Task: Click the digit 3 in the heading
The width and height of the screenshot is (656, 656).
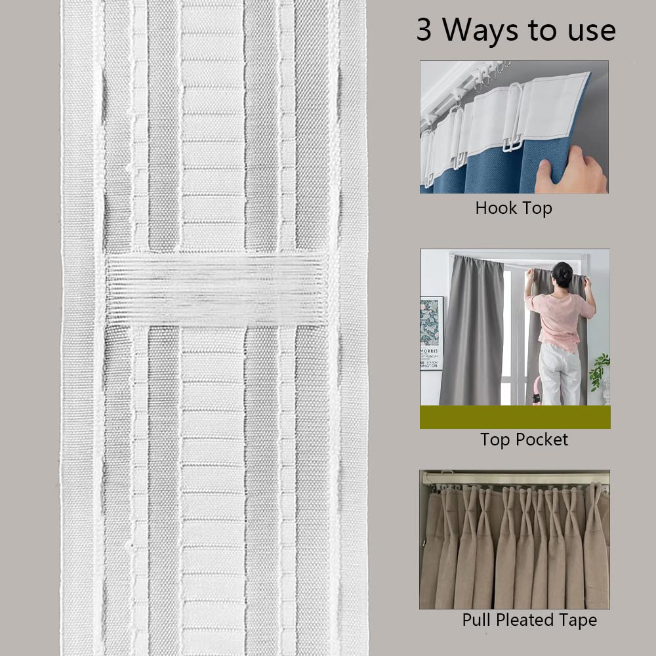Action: [424, 31]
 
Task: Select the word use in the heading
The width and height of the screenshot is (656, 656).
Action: [590, 31]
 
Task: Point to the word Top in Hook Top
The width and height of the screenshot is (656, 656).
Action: [537, 209]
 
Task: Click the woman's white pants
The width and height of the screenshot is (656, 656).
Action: [558, 374]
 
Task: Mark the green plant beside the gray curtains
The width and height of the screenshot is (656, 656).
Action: [599, 371]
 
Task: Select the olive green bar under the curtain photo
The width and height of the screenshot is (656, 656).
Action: [515, 417]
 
